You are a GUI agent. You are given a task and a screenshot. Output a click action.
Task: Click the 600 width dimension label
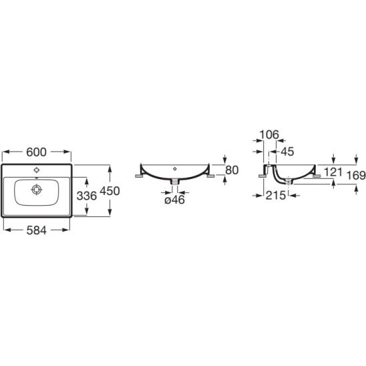coord(37,152)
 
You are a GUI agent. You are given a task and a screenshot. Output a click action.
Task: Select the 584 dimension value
coord(37,230)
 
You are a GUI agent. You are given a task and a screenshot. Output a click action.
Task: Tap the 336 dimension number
coord(87,196)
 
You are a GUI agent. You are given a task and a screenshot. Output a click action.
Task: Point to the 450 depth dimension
coord(110,191)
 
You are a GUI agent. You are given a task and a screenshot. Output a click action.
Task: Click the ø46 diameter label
coord(174,200)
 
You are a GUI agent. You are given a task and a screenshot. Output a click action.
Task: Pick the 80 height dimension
coord(232,170)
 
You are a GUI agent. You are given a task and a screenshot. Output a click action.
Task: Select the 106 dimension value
coord(269,135)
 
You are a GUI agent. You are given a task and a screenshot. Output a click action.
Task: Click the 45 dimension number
coord(287,152)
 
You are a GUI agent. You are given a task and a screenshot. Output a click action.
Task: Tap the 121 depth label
coord(333,172)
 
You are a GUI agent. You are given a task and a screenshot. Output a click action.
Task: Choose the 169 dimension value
coord(356,176)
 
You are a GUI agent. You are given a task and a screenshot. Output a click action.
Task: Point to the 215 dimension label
coord(276,196)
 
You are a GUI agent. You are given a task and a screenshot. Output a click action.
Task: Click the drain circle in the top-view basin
coord(37,190)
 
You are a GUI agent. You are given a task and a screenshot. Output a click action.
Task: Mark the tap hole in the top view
coord(37,170)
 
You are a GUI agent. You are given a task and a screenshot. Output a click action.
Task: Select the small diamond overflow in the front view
coord(175,169)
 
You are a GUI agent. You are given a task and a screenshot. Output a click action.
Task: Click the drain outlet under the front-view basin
coord(174,182)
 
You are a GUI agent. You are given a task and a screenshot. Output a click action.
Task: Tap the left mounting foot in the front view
coord(140,176)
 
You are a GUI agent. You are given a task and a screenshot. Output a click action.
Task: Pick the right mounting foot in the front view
coord(210,176)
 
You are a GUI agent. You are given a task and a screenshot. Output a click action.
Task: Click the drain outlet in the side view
coord(289,182)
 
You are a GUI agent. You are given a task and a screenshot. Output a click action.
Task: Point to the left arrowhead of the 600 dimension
coord(6,152)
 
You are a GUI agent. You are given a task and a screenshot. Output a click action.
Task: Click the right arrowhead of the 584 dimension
coord(66,230)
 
